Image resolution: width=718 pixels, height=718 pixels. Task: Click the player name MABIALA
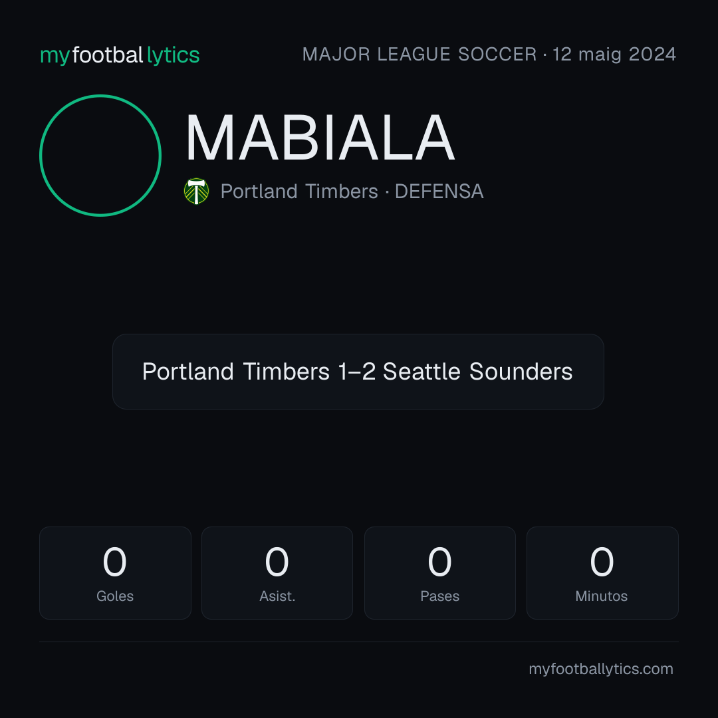pos(320,138)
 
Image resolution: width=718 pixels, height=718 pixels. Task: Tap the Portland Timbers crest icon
pos(196,191)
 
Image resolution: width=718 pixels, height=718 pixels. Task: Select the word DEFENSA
pos(439,191)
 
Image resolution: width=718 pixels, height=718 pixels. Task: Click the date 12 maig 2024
pos(614,55)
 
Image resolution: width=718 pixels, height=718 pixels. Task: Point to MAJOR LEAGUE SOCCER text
pos(419,55)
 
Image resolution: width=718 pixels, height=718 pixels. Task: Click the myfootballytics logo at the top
pos(120,55)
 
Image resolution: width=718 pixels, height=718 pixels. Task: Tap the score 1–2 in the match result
pos(357,372)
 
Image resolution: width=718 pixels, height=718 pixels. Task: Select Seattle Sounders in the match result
pos(477,372)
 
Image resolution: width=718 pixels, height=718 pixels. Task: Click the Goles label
pos(115,596)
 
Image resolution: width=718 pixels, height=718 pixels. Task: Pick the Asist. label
pos(277,596)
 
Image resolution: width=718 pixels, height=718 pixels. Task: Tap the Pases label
pos(439,596)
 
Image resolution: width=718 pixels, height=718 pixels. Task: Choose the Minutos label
pos(602,596)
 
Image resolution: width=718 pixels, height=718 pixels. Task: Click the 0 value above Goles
pos(114,562)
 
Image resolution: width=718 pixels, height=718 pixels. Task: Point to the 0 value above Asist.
pos(277,562)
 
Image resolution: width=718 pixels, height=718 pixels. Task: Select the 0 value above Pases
pos(439,562)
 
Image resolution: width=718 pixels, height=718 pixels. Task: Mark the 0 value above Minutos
pos(602,562)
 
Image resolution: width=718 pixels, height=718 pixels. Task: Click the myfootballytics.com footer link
pos(601,669)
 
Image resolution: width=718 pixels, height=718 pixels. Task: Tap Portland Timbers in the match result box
pos(236,372)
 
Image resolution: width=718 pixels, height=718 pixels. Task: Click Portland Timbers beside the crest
pos(299,191)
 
